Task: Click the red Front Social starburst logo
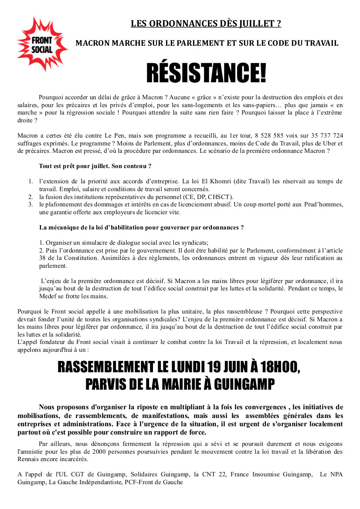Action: [x=42, y=44]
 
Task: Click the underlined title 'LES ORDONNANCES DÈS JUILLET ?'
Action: [x=206, y=24]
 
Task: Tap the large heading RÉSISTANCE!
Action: [x=206, y=73]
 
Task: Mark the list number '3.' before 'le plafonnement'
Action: [x=31, y=204]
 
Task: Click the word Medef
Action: [x=27, y=296]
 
